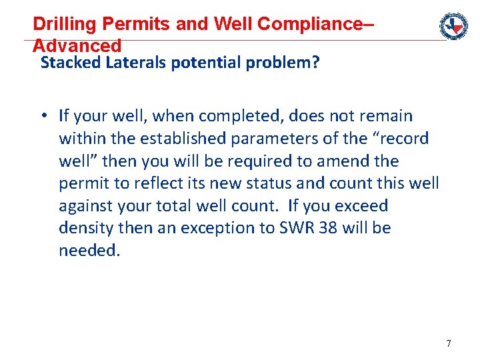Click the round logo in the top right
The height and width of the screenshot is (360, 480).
[453, 26]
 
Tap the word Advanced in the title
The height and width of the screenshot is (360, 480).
[77, 46]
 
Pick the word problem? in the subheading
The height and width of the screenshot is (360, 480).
[285, 63]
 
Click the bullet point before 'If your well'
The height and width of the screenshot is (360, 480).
[42, 116]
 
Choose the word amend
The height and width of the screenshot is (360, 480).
[349, 161]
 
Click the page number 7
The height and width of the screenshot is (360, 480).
[448, 343]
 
